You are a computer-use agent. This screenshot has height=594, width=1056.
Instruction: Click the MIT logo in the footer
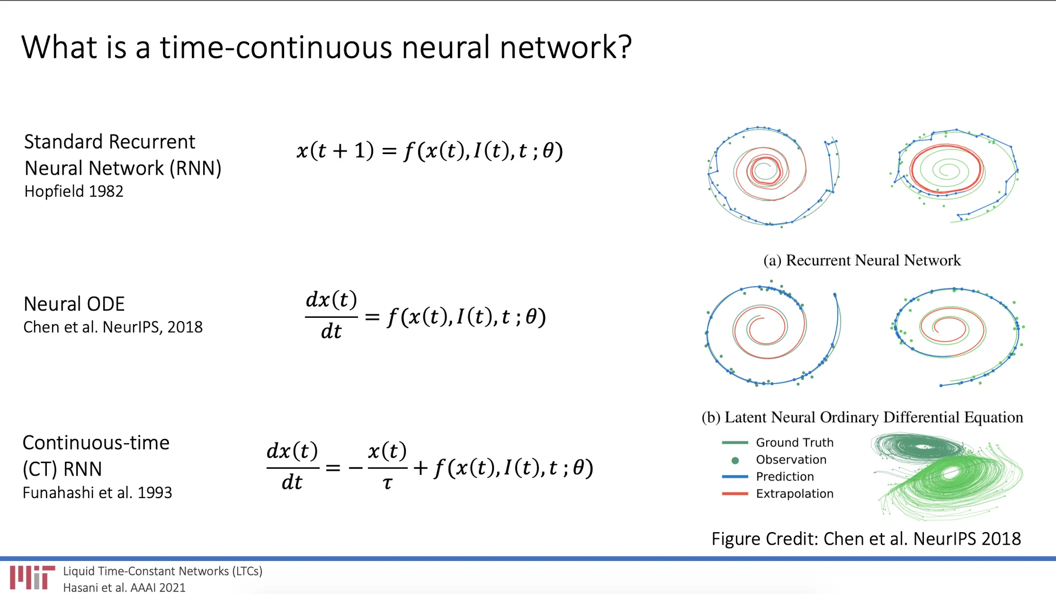pos(32,578)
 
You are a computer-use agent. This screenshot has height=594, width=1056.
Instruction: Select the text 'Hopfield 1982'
pos(74,191)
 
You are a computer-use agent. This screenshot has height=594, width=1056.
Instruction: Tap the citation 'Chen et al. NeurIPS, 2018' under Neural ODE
pos(113,327)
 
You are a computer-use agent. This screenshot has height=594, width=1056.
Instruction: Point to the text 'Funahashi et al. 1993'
pos(97,493)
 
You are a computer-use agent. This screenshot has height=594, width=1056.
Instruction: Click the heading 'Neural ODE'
pos(74,304)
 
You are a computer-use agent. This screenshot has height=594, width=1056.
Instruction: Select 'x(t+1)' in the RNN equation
pos(335,150)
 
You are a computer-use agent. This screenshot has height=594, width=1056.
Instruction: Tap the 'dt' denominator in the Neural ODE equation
pos(331,331)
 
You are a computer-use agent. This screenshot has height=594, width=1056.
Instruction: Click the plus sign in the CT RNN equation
pos(421,468)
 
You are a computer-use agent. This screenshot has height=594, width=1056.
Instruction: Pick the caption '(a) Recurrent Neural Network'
pos(862,260)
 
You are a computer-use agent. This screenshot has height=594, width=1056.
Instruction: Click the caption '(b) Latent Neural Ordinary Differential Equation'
pos(862,417)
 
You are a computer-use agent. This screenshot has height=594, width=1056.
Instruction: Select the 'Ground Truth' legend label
pos(795,443)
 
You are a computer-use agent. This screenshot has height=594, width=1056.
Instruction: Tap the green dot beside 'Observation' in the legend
pos(735,460)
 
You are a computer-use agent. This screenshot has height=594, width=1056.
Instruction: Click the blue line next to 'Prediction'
pos(735,477)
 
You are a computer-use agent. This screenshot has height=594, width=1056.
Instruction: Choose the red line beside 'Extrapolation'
pos(735,494)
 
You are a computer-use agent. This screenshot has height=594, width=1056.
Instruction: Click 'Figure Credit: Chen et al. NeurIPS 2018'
pos(866,539)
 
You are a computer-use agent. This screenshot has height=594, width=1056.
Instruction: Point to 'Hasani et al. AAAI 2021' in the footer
pos(124,587)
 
